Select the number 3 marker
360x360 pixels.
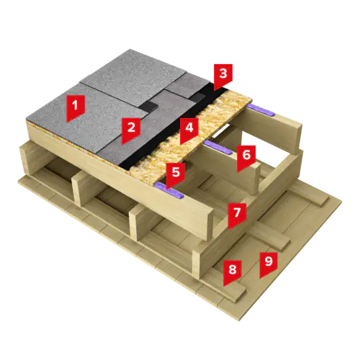pyautogui.click(x=223, y=77)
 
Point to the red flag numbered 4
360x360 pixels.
pyautogui.click(x=189, y=131)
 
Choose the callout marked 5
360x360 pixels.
pyautogui.click(x=176, y=176)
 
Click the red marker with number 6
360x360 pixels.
pyautogui.click(x=246, y=158)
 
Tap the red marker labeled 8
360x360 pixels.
pyautogui.click(x=233, y=273)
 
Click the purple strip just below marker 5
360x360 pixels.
pyautogui.click(x=169, y=191)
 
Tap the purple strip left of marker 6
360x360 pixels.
pyautogui.click(x=218, y=147)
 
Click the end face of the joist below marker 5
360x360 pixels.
pyautogui.click(x=207, y=224)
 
